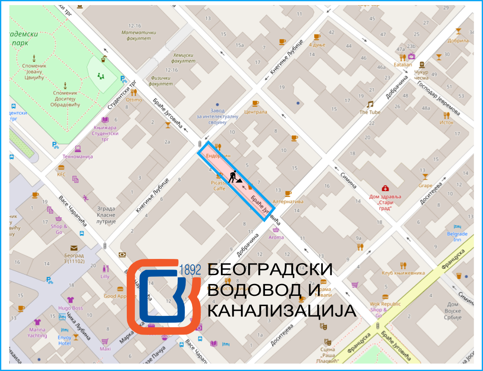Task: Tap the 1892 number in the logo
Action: (x=190, y=270)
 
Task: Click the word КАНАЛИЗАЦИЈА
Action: (x=282, y=311)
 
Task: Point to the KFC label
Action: (x=61, y=174)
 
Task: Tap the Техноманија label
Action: (x=78, y=156)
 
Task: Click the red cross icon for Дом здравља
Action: (x=385, y=188)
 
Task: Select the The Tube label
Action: (x=370, y=112)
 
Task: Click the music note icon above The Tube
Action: (x=370, y=104)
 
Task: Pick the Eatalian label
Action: (x=402, y=65)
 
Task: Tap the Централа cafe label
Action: (x=256, y=112)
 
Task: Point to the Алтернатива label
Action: (x=288, y=202)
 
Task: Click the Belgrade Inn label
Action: (x=457, y=236)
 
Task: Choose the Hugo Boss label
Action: (x=71, y=308)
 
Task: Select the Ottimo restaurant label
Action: (x=134, y=100)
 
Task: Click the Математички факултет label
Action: (x=139, y=35)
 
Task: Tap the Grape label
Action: (x=425, y=185)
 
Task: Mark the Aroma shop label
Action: (x=276, y=237)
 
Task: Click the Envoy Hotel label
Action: (x=64, y=340)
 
